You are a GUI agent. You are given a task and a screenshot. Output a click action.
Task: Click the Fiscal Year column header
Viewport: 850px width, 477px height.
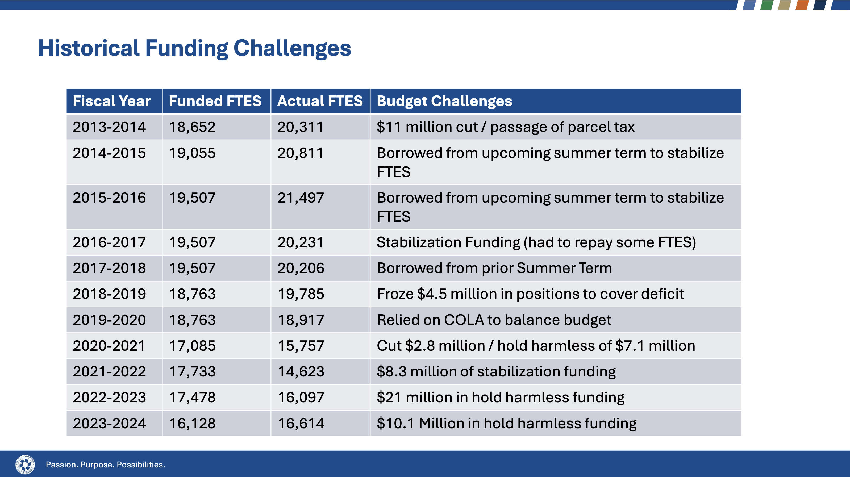[x=111, y=101]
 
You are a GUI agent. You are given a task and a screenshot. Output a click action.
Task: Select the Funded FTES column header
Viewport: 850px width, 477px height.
[x=215, y=101]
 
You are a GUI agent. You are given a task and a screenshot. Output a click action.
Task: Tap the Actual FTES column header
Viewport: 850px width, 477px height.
[x=320, y=101]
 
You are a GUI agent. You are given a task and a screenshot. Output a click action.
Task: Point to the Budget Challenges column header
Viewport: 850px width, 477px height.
[x=444, y=101]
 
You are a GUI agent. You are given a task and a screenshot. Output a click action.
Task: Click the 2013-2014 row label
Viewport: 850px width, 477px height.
[x=109, y=127]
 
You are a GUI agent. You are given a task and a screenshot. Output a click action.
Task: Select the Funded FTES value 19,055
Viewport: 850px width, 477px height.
[x=192, y=153]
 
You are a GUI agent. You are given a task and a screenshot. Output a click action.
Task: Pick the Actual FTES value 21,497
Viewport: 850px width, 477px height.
[x=301, y=198]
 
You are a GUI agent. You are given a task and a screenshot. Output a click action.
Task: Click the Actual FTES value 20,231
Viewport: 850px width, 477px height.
[x=301, y=242]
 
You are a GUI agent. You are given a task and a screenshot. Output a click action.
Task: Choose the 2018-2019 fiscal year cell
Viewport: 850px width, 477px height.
[x=109, y=294]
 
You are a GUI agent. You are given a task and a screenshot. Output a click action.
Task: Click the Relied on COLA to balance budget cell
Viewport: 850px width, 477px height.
[x=494, y=320]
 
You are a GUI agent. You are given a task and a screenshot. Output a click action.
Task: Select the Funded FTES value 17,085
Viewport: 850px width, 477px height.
[x=192, y=346]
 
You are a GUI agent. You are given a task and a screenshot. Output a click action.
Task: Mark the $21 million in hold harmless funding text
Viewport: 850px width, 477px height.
[x=500, y=397]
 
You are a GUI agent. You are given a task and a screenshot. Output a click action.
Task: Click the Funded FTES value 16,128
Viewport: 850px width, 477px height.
[x=192, y=424]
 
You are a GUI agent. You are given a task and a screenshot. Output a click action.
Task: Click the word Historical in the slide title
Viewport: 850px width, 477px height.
[x=89, y=48]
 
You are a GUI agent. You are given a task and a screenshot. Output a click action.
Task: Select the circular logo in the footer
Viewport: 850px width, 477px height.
[x=25, y=465]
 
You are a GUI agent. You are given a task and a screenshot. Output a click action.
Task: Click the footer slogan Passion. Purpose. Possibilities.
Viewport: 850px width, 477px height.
[x=105, y=465]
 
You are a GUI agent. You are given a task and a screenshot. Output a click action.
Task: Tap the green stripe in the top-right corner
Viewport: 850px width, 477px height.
[x=766, y=5]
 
